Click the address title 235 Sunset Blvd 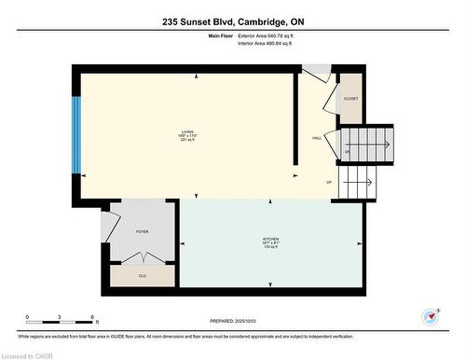233,20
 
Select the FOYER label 142,231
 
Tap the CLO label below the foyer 142,276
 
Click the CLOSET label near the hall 350,98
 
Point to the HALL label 317,138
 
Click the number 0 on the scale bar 28,318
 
